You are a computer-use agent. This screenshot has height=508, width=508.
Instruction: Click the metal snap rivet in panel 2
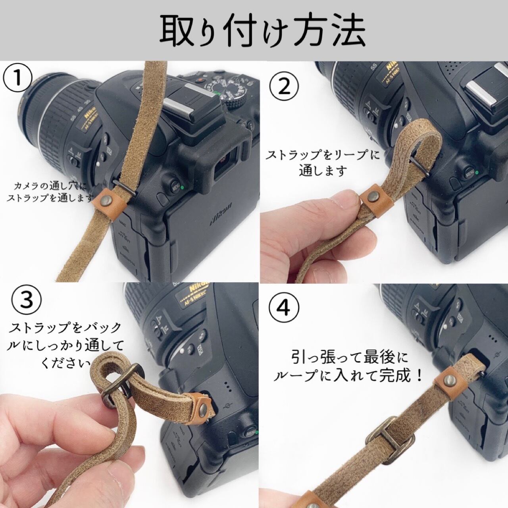[x=373, y=196]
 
